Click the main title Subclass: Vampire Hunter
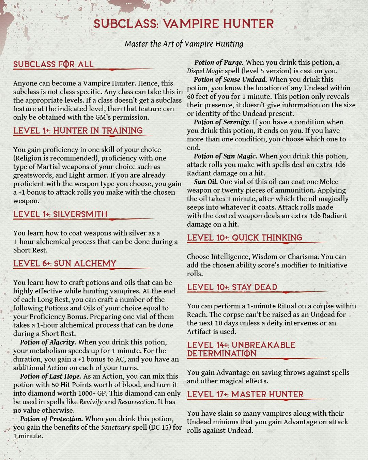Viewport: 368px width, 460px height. pos(184,24)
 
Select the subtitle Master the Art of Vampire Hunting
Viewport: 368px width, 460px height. pos(184,44)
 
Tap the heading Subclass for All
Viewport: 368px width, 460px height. pos(53,64)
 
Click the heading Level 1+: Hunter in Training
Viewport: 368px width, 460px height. pos(78,131)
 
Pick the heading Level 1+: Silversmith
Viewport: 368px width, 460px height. pos(60,214)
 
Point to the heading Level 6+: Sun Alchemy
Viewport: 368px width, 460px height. pos(65,264)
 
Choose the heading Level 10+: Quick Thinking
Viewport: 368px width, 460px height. pos(245,238)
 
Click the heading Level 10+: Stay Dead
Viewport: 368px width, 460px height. pos(232,287)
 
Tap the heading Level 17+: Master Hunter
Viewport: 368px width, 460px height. pos(245,395)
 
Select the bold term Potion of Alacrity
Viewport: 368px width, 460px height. pos(48,342)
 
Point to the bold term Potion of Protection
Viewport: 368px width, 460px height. pos(51,419)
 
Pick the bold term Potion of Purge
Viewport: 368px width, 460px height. pos(219,63)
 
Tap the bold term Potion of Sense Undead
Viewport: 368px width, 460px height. pos(230,80)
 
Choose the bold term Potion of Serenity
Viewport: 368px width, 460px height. pos(222,122)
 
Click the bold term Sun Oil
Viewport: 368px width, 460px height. pos(206,182)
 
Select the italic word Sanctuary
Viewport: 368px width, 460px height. pos(116,427)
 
